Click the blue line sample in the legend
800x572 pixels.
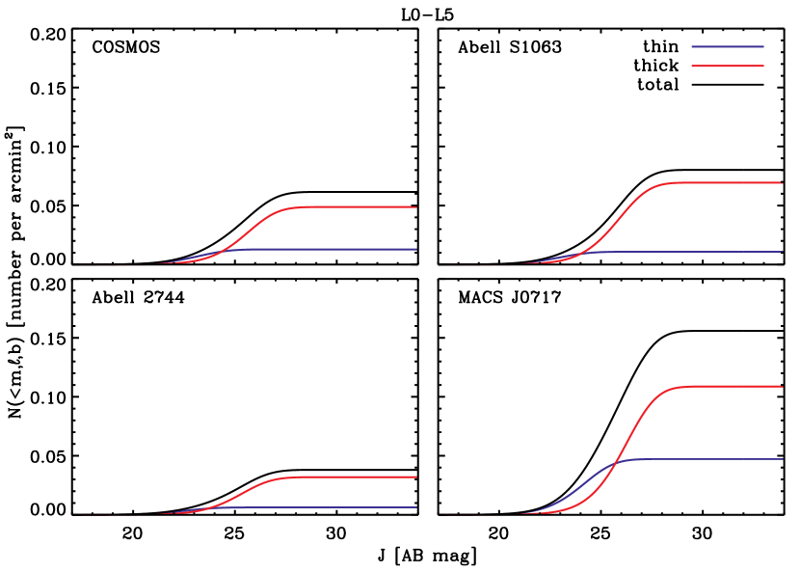[x=728, y=46]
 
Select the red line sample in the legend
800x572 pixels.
[x=728, y=66]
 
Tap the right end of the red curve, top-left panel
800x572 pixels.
[x=415, y=207]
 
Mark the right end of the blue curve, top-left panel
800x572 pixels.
[x=415, y=249]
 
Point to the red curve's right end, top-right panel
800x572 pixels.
[x=782, y=182]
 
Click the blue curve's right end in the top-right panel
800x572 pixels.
[x=782, y=252]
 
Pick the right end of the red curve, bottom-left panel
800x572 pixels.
[x=415, y=477]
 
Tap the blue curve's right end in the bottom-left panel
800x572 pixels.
[x=415, y=507]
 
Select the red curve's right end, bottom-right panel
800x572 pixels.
[x=782, y=386]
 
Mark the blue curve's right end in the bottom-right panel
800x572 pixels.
[x=782, y=459]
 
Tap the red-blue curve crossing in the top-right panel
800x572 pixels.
[x=579, y=254]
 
